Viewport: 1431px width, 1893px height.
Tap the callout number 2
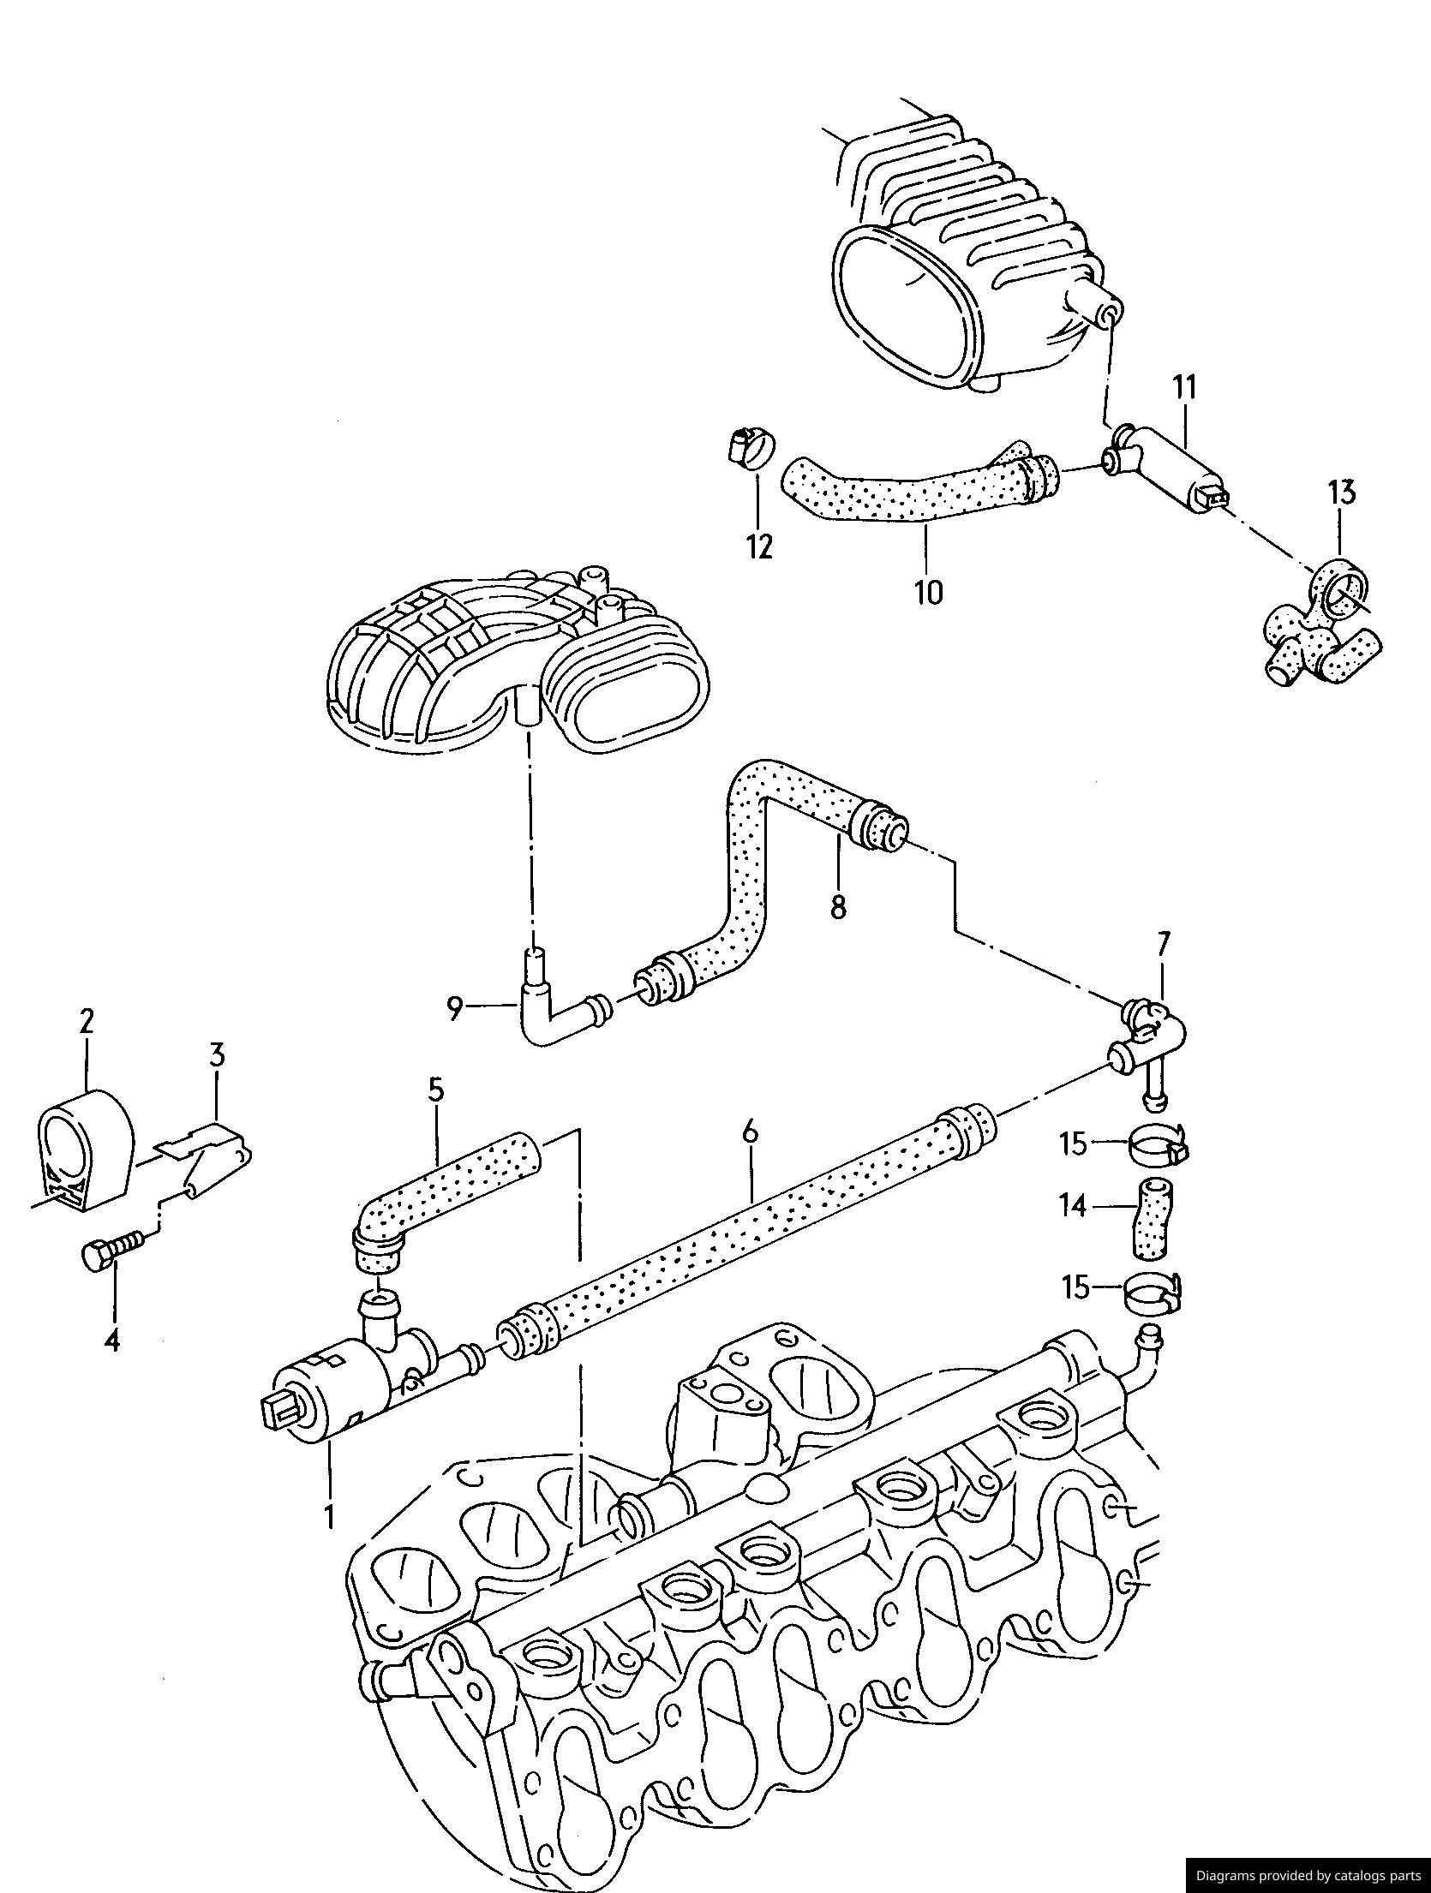[x=87, y=1022]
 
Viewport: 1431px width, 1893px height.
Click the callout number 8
[x=838, y=905]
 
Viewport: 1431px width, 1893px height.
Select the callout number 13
[x=1342, y=493]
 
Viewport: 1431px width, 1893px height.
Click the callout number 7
[x=1162, y=945]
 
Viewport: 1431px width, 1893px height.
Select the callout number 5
[x=436, y=1090]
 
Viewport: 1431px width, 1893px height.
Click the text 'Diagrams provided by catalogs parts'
[x=1307, y=1875]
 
